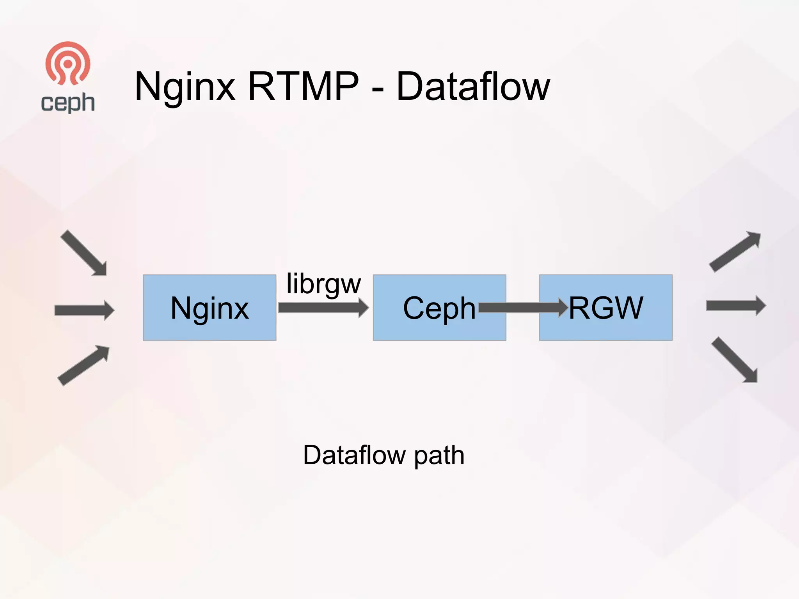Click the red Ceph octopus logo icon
pos(68,64)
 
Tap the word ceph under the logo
pos(68,103)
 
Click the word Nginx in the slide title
pos(185,87)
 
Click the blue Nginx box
pos(210,308)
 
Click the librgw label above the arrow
pos(323,284)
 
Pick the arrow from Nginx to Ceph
pos(323,308)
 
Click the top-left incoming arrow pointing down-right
pos(84,253)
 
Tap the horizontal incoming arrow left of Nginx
pos(84,310)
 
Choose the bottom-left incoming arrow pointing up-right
pos(84,365)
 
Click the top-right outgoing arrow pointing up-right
pos(735,252)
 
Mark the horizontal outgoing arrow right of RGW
pos(736,306)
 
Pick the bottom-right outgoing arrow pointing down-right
pos(735,360)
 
